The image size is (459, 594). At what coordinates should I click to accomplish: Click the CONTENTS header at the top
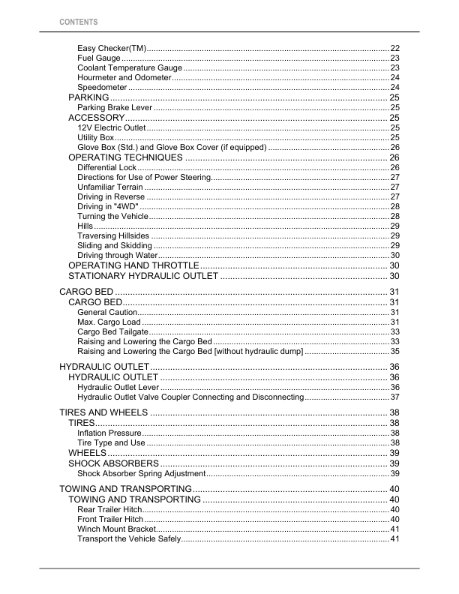click(x=78, y=22)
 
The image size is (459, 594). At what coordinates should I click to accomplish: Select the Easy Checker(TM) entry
click(x=112, y=48)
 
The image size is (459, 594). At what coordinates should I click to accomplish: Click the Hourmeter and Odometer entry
click(x=124, y=78)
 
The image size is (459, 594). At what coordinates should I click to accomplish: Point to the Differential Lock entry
click(x=106, y=167)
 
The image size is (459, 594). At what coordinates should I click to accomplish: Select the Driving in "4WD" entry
click(x=108, y=206)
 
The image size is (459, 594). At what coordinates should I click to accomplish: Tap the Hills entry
click(x=85, y=226)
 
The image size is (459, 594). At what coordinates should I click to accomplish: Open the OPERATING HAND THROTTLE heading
click(x=133, y=265)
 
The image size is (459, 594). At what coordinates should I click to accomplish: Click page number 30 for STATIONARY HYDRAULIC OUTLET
click(x=394, y=276)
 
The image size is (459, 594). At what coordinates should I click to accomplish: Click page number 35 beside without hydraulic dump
click(x=394, y=351)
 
